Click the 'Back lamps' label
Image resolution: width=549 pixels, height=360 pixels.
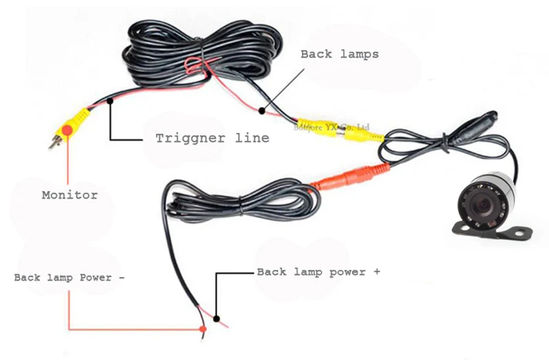(340, 54)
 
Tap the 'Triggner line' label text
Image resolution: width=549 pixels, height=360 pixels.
(211, 138)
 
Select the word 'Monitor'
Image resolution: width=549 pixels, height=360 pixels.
(69, 195)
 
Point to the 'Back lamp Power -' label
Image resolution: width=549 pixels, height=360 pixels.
(69, 278)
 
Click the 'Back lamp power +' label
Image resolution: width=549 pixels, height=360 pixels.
(318, 272)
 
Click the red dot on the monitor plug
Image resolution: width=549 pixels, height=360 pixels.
(67, 130)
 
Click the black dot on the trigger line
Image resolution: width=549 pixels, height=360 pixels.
(110, 104)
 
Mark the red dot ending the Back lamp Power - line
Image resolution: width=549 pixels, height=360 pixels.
(203, 330)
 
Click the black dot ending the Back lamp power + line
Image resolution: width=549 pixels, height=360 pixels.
(217, 318)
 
